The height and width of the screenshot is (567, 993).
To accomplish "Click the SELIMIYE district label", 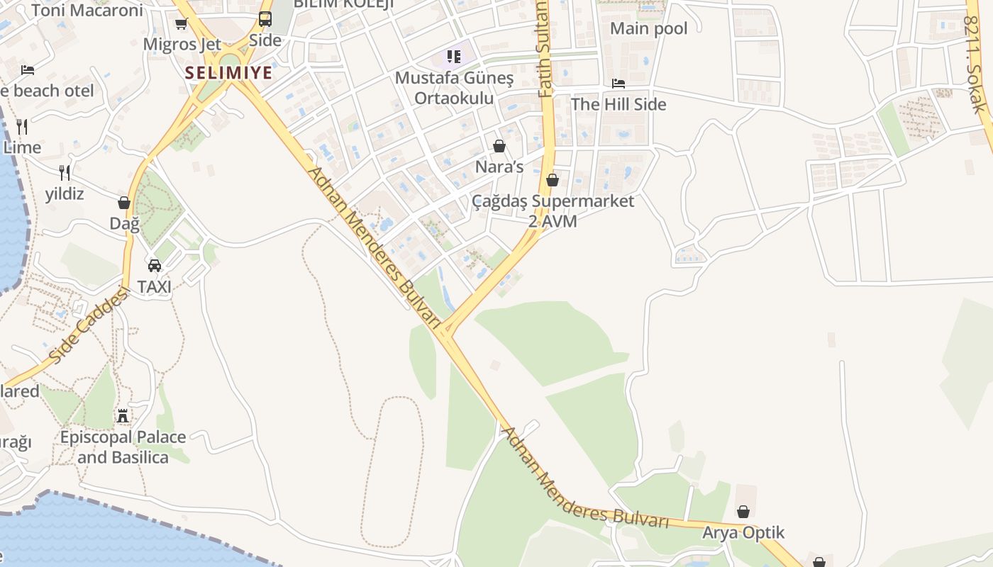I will point(229,72).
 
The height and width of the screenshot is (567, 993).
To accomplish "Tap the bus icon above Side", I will point(265,19).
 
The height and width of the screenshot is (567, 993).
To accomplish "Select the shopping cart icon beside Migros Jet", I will point(181,24).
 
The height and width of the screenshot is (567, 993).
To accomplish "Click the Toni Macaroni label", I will point(87,10).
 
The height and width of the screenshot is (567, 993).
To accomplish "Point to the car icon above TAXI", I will point(154,266).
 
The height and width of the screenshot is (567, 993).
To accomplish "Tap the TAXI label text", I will point(154,287).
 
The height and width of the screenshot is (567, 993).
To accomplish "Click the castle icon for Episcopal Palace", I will point(123,415).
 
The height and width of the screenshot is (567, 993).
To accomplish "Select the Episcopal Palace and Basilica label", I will point(123,447).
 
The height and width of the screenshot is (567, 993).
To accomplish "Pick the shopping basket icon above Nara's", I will point(499,147).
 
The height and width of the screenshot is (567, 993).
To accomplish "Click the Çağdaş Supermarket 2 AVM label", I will point(553,211).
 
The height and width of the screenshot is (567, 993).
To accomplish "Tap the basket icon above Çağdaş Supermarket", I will point(553,180).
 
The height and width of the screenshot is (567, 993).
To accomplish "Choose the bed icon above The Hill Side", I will point(618,84).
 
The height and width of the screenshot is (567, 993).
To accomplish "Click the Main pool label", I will point(649,28).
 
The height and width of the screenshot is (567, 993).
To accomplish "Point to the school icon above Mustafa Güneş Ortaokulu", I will point(453,56).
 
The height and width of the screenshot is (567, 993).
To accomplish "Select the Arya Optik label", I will point(743,532).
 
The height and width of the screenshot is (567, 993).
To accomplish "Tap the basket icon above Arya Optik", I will point(743,512).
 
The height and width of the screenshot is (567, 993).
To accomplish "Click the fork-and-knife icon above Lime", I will point(22,127).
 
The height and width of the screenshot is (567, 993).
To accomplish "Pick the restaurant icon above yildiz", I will point(65,172).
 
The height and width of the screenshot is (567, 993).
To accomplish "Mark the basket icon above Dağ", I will point(124,203).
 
